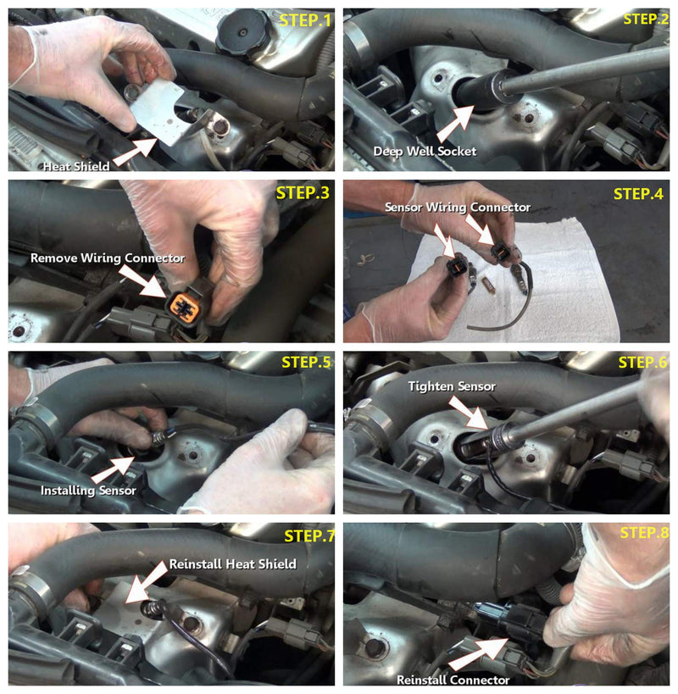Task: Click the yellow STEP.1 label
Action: point(305,20)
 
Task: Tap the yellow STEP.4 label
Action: point(638,193)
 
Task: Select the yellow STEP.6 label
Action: point(642,363)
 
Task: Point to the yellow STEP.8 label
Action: point(644,532)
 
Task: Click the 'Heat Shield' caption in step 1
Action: point(76,166)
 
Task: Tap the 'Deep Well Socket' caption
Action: point(425,152)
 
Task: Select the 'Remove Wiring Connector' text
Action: point(108,258)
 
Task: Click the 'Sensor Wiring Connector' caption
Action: point(458,207)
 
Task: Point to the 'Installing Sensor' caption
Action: point(88,491)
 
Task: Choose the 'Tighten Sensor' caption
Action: point(452,386)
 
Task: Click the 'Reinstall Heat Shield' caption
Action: point(233,564)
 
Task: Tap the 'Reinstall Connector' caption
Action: point(453,680)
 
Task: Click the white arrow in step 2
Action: point(455,124)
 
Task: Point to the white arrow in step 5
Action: point(113,469)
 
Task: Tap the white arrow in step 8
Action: point(478,654)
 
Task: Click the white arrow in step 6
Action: point(468,413)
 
